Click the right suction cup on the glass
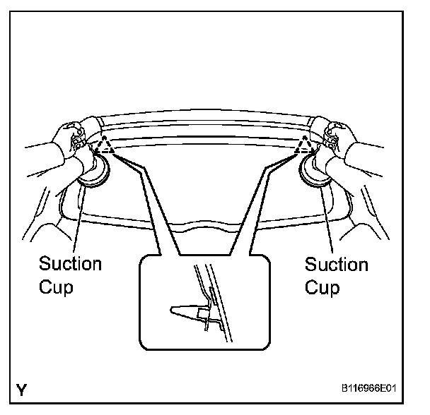click(x=316, y=172)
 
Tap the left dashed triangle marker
click(x=105, y=146)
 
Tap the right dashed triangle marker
click(x=306, y=146)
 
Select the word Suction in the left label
click(x=70, y=264)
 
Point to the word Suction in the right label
click(x=337, y=265)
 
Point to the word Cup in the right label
click(x=322, y=288)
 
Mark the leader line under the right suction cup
click(x=327, y=219)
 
